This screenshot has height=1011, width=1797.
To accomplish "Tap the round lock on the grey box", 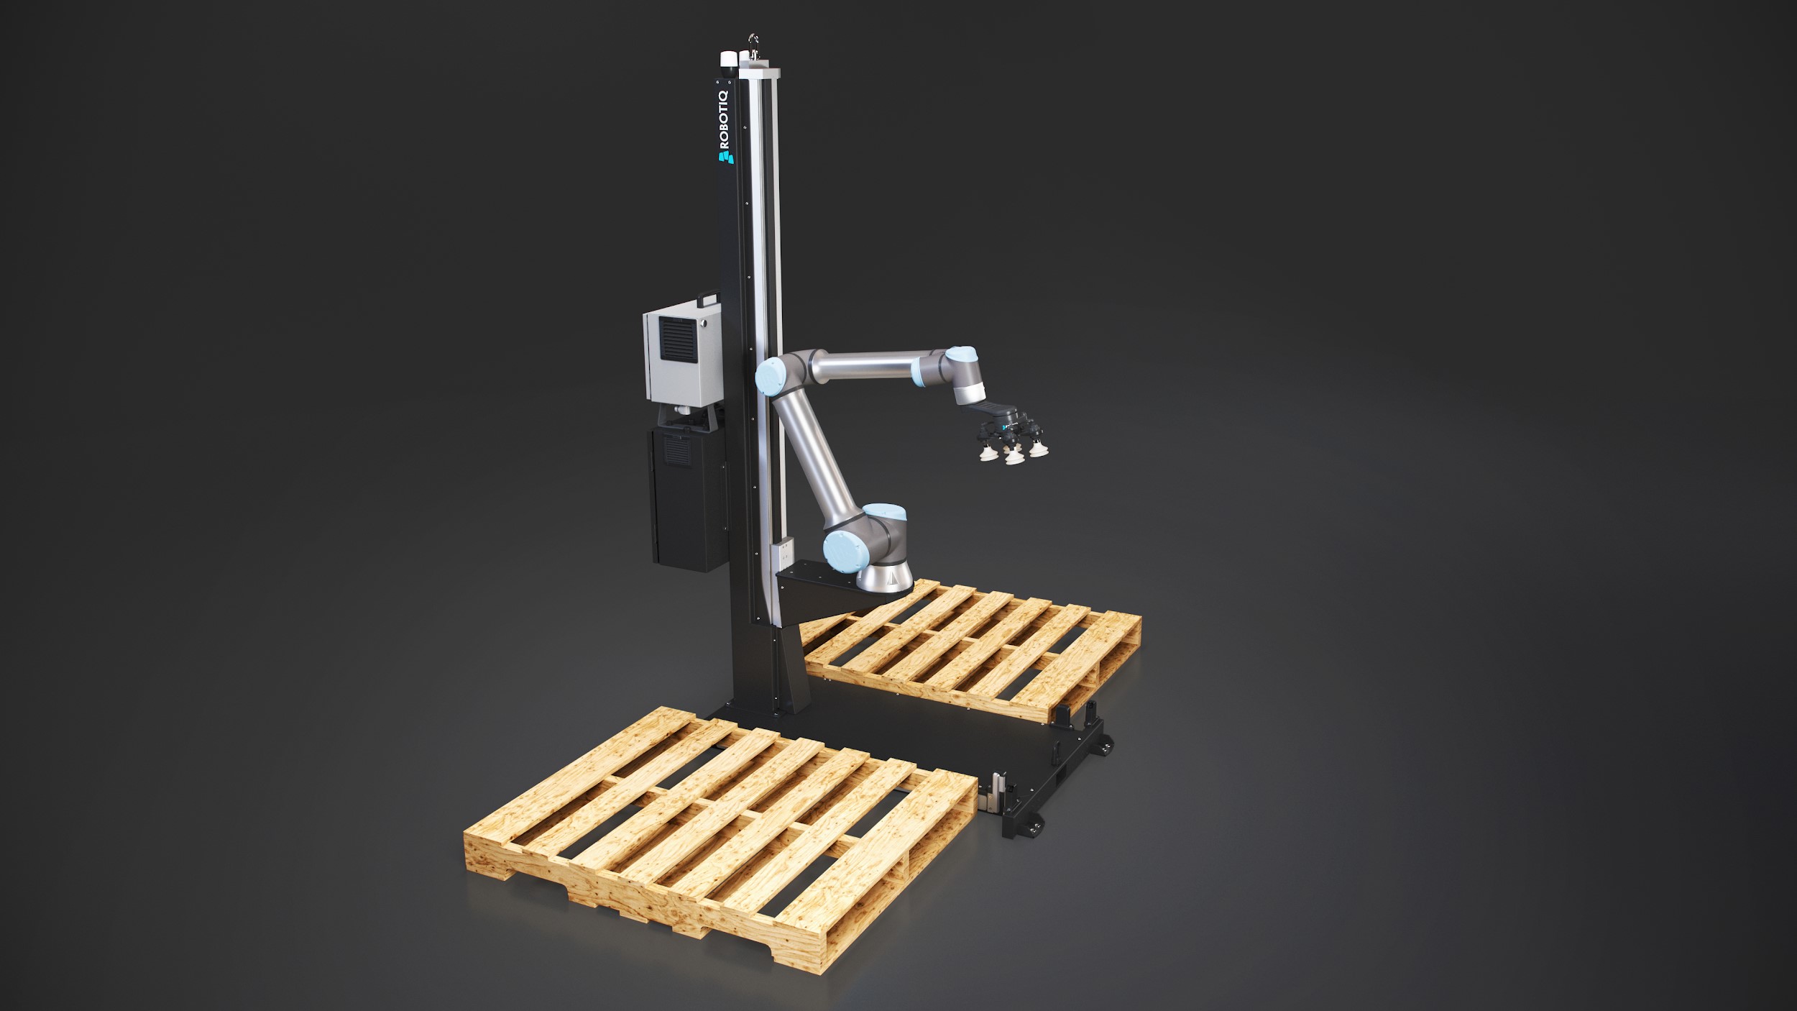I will (x=707, y=325).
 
